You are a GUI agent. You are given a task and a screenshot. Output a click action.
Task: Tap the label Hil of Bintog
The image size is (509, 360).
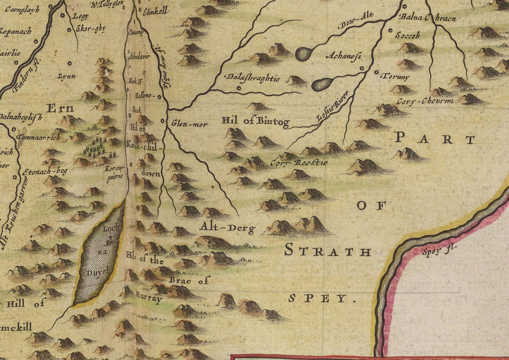255,121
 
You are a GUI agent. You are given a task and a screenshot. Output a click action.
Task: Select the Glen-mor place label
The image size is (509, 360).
189,124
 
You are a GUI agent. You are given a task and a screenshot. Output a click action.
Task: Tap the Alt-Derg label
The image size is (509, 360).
227,228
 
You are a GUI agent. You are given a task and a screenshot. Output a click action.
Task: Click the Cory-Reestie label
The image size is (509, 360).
299,163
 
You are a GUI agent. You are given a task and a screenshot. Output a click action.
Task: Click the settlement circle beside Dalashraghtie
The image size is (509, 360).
238,88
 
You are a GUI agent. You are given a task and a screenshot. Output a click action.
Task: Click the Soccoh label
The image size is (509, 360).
407,35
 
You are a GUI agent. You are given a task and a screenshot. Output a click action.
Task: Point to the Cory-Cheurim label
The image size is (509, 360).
425,101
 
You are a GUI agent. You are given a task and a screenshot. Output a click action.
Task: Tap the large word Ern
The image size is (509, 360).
60,108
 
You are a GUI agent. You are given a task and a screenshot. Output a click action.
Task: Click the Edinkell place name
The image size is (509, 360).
155,11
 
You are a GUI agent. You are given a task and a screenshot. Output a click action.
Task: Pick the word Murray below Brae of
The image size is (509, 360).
148,298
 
